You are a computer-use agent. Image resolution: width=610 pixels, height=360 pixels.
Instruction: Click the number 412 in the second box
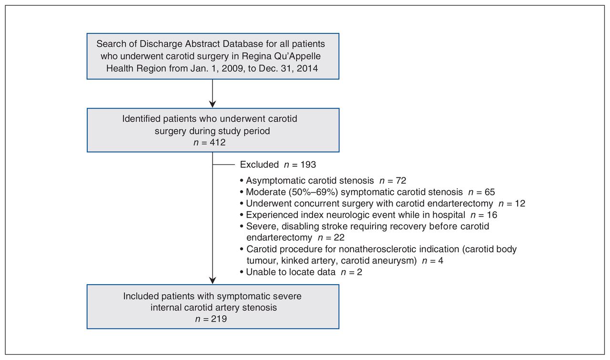(x=218, y=143)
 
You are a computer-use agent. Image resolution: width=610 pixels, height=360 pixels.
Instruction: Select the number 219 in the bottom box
(x=219, y=319)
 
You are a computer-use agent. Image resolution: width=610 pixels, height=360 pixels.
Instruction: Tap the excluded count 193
(x=308, y=165)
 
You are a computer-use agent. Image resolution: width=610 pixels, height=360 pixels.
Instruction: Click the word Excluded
(x=259, y=165)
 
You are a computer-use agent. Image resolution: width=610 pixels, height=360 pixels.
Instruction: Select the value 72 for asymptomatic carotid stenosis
(x=401, y=181)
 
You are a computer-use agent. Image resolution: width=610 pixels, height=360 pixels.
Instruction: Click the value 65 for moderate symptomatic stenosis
(x=489, y=192)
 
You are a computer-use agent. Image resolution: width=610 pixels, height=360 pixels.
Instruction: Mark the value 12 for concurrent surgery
(x=520, y=204)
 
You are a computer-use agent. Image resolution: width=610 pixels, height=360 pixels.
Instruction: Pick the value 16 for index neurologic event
(x=492, y=215)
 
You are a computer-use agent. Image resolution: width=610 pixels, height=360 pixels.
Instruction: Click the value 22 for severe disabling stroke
(x=339, y=237)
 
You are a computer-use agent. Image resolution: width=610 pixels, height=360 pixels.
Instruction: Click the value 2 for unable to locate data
(x=359, y=272)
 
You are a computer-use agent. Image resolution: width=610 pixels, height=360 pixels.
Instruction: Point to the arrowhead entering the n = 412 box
(x=213, y=104)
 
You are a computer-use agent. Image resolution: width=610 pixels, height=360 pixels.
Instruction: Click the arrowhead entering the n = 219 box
(x=213, y=280)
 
